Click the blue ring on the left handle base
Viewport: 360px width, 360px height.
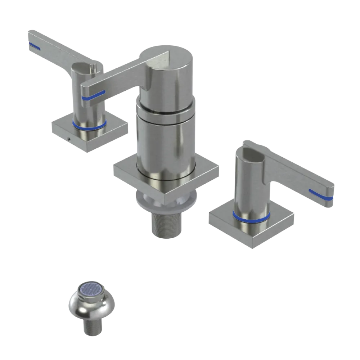tap(89, 126)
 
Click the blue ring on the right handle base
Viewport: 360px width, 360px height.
tap(251, 217)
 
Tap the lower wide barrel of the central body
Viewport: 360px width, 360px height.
tap(166, 144)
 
